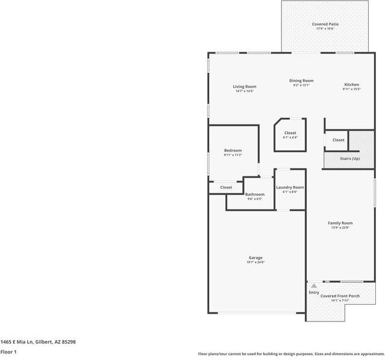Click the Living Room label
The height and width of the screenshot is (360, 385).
point(245,87)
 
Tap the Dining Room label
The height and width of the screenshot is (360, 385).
point(301,81)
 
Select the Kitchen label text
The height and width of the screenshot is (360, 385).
point(352,84)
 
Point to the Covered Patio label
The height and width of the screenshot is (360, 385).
point(325,24)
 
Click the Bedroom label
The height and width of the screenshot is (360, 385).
point(233,150)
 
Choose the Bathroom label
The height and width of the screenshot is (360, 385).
point(255,194)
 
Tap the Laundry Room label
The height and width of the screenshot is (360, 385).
point(290,187)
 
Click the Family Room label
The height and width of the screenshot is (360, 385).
point(340,223)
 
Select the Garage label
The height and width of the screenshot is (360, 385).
point(255,258)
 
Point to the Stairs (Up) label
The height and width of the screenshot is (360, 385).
point(350,158)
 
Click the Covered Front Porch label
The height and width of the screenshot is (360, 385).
point(340,296)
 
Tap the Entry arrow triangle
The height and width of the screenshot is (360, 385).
point(313,286)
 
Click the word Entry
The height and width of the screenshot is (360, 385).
point(314,293)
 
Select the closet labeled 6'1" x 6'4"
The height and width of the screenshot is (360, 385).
point(290,137)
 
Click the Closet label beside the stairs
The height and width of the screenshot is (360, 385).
point(339,140)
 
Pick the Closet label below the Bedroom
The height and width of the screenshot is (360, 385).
point(226,187)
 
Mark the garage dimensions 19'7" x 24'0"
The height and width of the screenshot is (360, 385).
point(255,262)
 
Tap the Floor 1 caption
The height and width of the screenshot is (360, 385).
point(8,352)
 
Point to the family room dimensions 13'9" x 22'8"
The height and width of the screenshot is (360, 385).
point(340,228)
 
